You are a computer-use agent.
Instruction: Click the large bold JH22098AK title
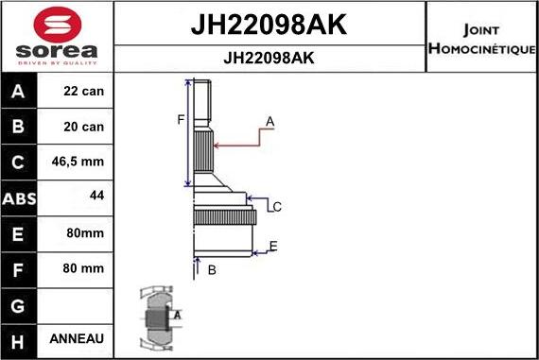click(269, 25)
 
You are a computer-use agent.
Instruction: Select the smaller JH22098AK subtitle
click(269, 58)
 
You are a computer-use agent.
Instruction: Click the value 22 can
click(83, 92)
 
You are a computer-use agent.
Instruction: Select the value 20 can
click(83, 127)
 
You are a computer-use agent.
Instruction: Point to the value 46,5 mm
click(83, 163)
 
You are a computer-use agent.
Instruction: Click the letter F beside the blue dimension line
click(180, 119)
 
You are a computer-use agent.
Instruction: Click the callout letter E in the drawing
click(272, 247)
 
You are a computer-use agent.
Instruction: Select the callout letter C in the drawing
click(277, 206)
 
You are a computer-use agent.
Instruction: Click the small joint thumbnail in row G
click(158, 317)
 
